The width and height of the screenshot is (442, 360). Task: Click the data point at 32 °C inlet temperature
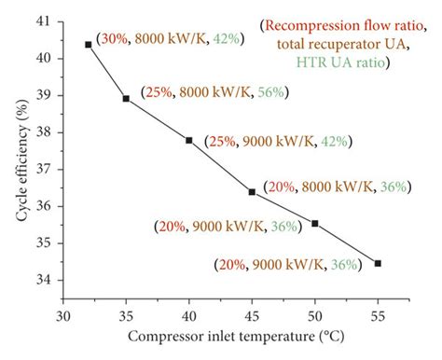click(89, 45)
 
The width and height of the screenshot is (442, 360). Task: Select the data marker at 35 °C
click(126, 98)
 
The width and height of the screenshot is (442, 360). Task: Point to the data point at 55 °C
click(378, 263)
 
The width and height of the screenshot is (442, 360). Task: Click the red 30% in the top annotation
click(115, 40)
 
